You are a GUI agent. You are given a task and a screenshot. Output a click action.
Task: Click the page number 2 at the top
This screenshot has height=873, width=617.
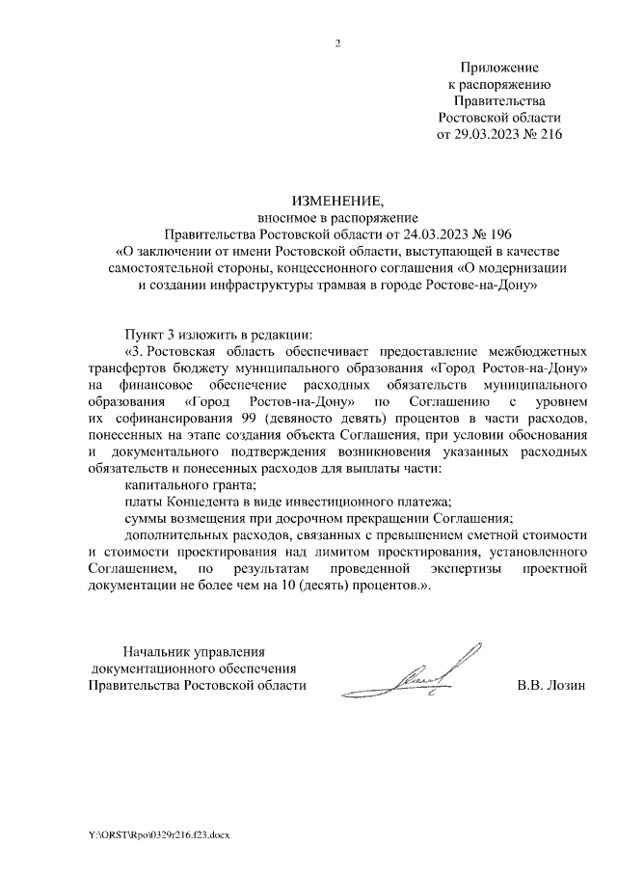336,43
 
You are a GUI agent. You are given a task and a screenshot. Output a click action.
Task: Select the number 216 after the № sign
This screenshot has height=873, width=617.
548,135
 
